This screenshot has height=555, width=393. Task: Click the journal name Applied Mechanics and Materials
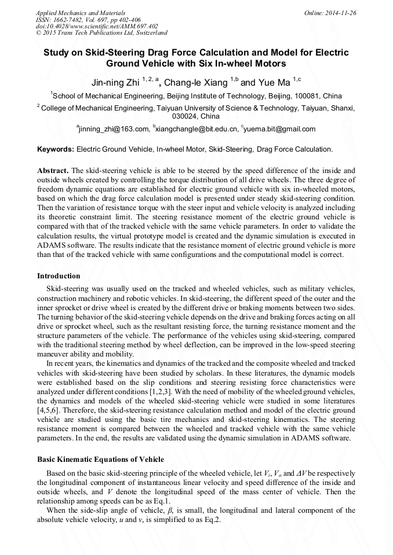[80, 12]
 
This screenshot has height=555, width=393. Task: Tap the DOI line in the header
[97, 26]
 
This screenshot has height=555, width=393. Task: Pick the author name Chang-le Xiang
[195, 83]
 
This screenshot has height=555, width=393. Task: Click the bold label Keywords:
[56, 149]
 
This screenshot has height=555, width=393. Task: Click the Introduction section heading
[59, 275]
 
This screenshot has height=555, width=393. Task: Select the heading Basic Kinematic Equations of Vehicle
[100, 460]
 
